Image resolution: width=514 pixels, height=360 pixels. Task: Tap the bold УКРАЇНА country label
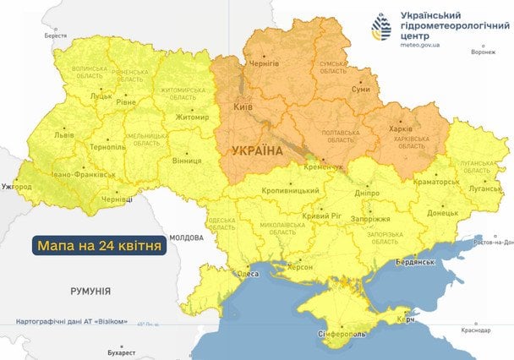255,150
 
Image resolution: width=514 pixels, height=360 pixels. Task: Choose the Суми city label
360,87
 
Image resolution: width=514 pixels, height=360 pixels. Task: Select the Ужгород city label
16,185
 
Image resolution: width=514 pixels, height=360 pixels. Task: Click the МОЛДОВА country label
186,238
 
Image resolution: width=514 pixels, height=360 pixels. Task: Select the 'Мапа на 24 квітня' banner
100,246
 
